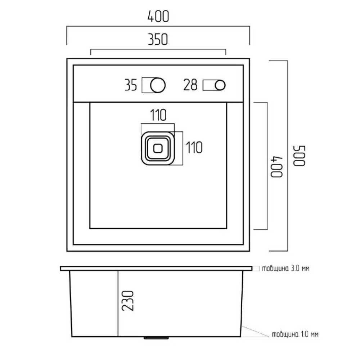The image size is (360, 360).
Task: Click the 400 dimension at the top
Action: (158, 17)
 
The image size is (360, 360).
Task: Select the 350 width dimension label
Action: (158, 39)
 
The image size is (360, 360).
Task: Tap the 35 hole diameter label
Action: (131, 85)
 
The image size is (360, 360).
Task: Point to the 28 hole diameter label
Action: (190, 85)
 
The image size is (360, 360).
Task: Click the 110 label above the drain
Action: (158, 115)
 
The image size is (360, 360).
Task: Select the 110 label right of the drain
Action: (194, 147)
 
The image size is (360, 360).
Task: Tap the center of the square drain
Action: (158, 148)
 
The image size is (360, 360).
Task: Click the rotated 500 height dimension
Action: (300, 156)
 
